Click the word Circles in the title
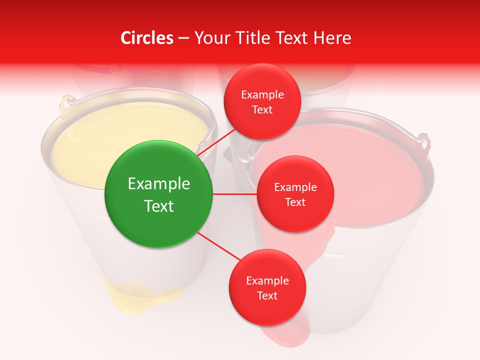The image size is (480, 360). [x=147, y=38]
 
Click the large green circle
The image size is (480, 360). [x=159, y=194]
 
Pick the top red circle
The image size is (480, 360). [x=262, y=102]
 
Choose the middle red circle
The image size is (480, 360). [x=295, y=194]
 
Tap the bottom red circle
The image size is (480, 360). [x=267, y=287]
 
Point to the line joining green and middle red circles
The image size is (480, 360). [x=235, y=194]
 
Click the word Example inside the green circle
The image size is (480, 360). [x=159, y=184]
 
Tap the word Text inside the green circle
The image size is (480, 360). [x=159, y=206]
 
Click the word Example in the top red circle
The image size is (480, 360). [x=262, y=94]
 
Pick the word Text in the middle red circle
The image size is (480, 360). [x=295, y=202]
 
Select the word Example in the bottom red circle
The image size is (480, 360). [x=267, y=280]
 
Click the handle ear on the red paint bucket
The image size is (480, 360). [x=423, y=141]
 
